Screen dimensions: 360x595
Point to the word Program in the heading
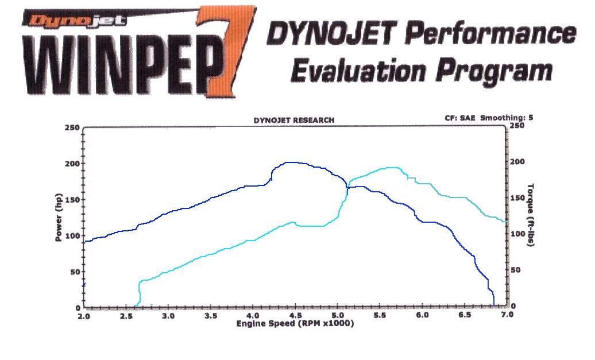pos(493,72)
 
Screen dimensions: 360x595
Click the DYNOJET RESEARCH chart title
pos(293,121)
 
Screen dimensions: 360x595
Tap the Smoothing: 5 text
pos(507,118)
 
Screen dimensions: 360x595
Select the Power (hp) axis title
pos(59,217)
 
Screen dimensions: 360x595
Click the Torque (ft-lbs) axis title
pos(531,215)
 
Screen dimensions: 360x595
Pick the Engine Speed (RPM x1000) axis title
pos(295,324)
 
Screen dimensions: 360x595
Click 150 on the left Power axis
pos(72,200)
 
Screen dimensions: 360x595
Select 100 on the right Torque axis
pos(516,234)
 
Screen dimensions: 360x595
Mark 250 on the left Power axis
pos(72,127)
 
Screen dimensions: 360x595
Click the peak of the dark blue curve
pos(290,162)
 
